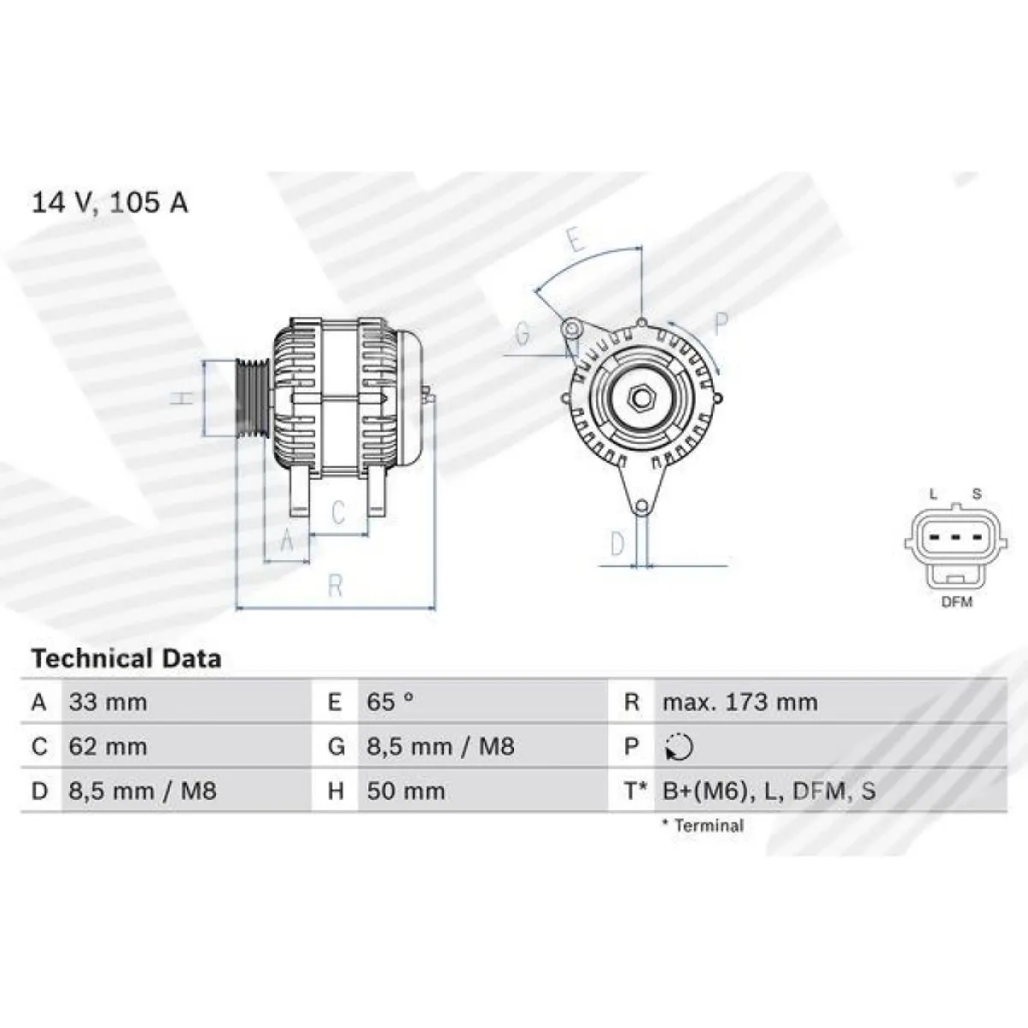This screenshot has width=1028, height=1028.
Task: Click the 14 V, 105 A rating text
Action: [110, 203]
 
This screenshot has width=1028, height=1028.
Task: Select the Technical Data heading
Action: [127, 658]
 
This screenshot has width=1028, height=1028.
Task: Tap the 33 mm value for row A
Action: [108, 702]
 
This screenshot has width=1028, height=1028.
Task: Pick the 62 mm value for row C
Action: [108, 746]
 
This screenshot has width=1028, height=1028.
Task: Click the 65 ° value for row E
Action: [390, 702]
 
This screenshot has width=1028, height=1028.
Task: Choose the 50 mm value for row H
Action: [405, 791]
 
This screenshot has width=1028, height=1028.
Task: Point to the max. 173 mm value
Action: [740, 702]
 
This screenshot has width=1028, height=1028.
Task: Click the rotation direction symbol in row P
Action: [679, 747]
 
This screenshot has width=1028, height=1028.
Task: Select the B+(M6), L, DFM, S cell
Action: [768, 791]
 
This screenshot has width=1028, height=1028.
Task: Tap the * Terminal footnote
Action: [703, 826]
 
